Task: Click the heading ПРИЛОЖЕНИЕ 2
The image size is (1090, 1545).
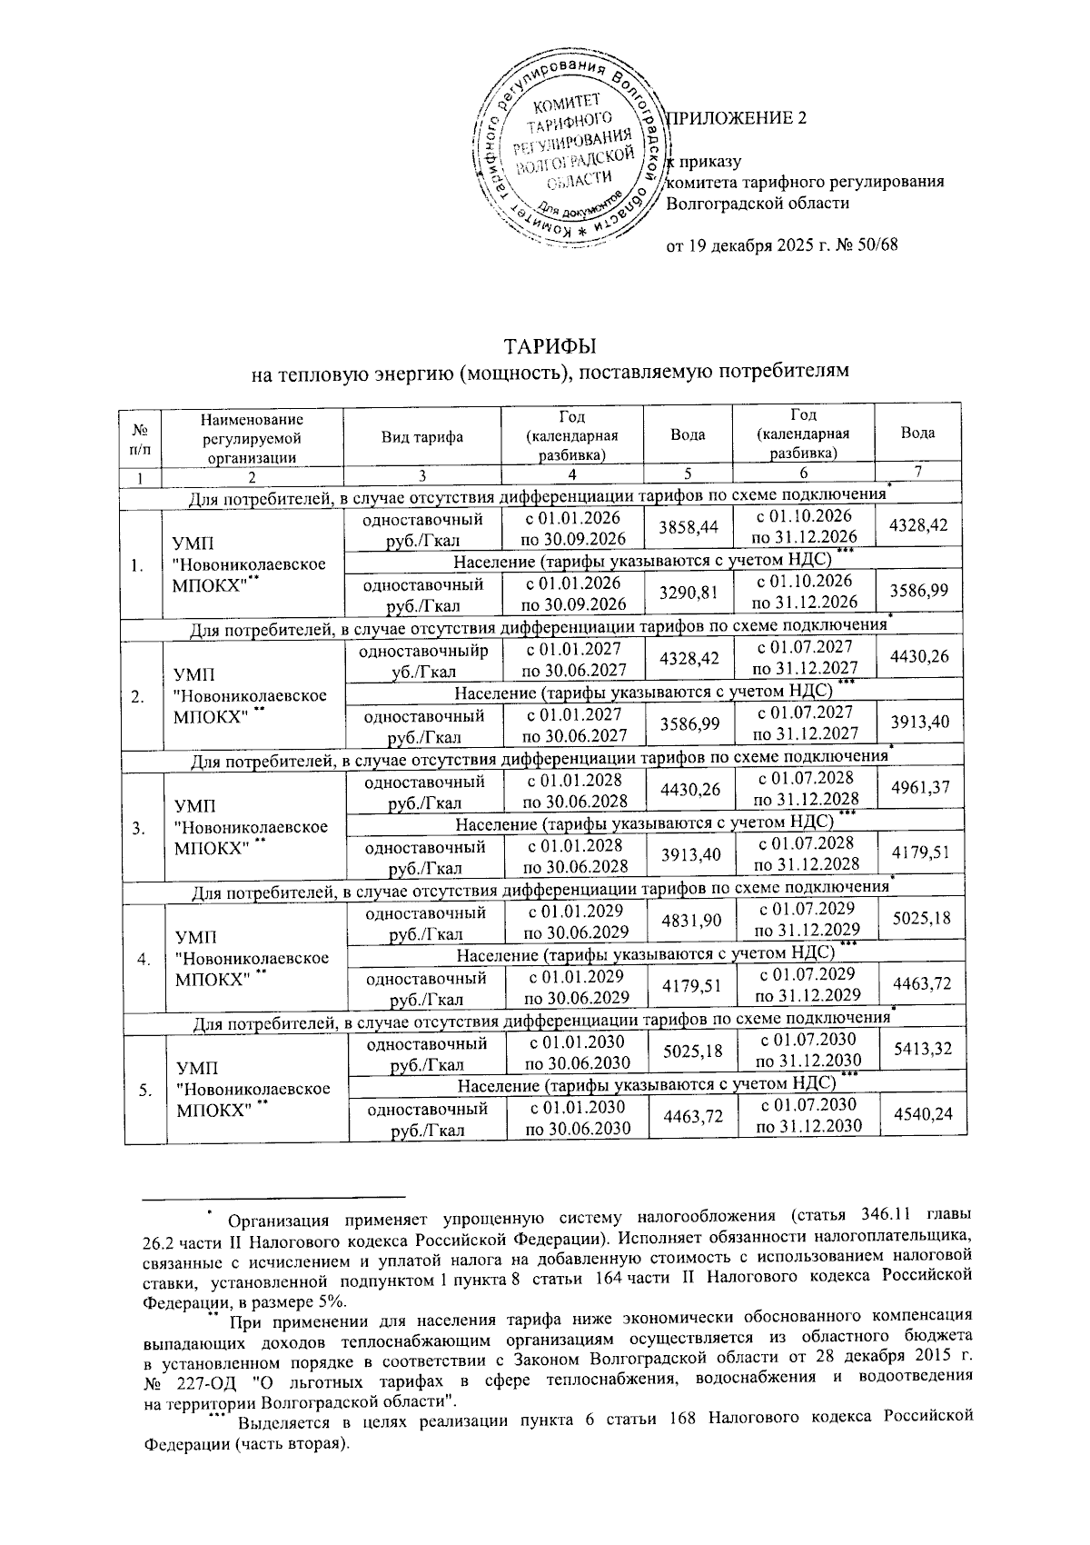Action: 737,119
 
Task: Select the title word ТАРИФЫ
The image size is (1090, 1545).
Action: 550,346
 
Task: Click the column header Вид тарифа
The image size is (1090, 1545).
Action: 422,436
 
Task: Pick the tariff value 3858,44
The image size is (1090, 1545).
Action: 688,528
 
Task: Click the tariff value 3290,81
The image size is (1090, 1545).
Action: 688,593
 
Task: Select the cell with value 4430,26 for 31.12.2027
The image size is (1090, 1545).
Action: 919,656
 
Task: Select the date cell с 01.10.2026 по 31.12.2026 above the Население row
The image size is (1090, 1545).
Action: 805,528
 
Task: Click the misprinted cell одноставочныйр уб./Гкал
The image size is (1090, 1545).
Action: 422,662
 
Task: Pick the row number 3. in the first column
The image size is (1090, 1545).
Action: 138,828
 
